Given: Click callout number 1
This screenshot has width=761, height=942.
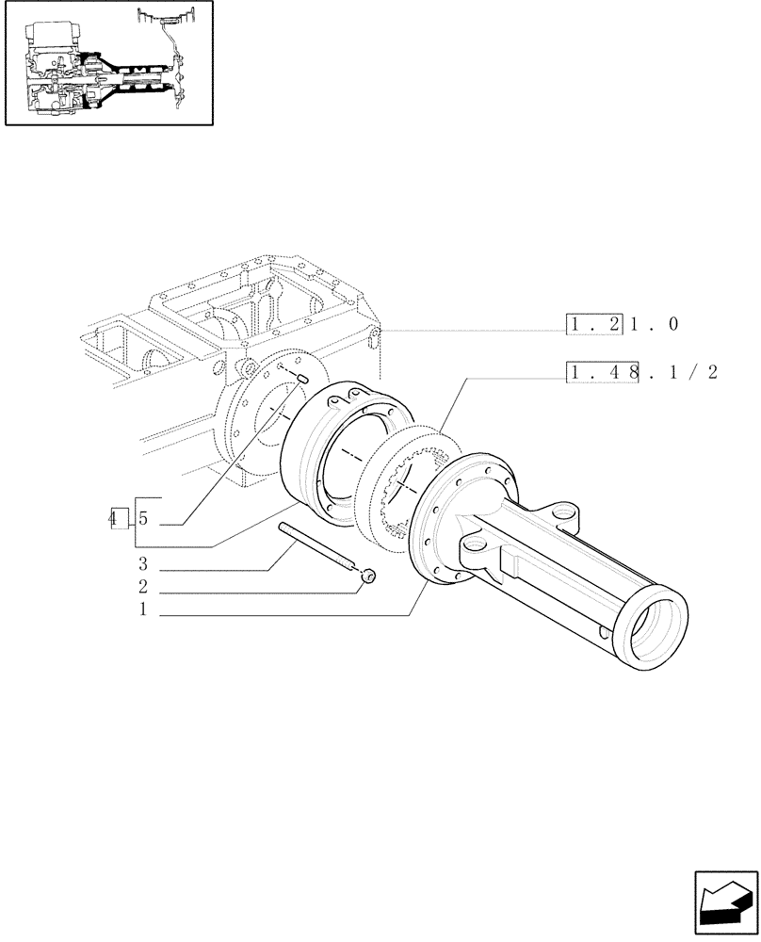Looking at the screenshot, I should [x=142, y=609].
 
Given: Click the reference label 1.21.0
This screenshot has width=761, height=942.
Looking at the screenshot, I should [x=623, y=325].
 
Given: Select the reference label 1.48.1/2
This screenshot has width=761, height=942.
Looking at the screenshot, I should [x=641, y=372].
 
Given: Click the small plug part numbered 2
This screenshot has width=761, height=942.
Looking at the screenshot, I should [x=368, y=574].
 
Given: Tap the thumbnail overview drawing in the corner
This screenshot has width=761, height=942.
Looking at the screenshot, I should [x=108, y=63].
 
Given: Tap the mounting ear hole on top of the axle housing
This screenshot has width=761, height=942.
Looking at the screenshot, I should [x=565, y=514].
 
